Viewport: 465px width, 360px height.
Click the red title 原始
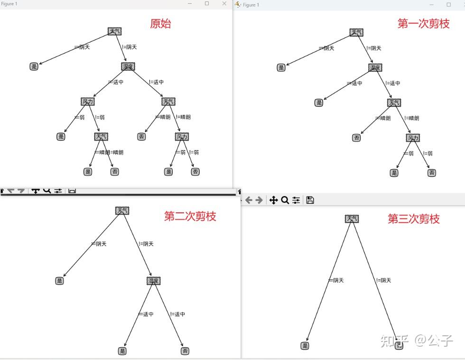point(160,23)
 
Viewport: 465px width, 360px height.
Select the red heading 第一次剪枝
point(423,23)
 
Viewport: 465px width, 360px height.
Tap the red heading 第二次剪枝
point(190,216)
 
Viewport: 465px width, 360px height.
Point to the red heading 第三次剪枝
point(413,218)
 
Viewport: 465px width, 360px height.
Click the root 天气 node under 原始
point(114,31)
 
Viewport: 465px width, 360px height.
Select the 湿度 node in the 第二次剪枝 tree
point(153,281)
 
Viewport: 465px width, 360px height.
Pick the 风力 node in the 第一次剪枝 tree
point(413,138)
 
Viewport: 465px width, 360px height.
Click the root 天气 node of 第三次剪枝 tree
point(352,218)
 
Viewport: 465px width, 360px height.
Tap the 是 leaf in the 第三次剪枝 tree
point(305,346)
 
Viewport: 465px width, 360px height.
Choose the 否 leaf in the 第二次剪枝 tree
point(185,351)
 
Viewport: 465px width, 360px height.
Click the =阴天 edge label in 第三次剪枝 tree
point(336,280)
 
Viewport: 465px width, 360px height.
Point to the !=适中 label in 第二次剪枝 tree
point(177,314)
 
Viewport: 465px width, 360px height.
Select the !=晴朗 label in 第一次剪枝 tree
point(411,118)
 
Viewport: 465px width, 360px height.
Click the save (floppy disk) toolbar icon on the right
point(310,200)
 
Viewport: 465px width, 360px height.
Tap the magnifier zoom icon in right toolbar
point(285,200)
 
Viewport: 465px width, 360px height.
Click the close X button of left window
point(224,4)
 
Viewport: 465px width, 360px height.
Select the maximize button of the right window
point(448,4)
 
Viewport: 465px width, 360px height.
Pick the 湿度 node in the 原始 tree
point(128,66)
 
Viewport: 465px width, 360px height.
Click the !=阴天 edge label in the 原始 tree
point(129,47)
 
